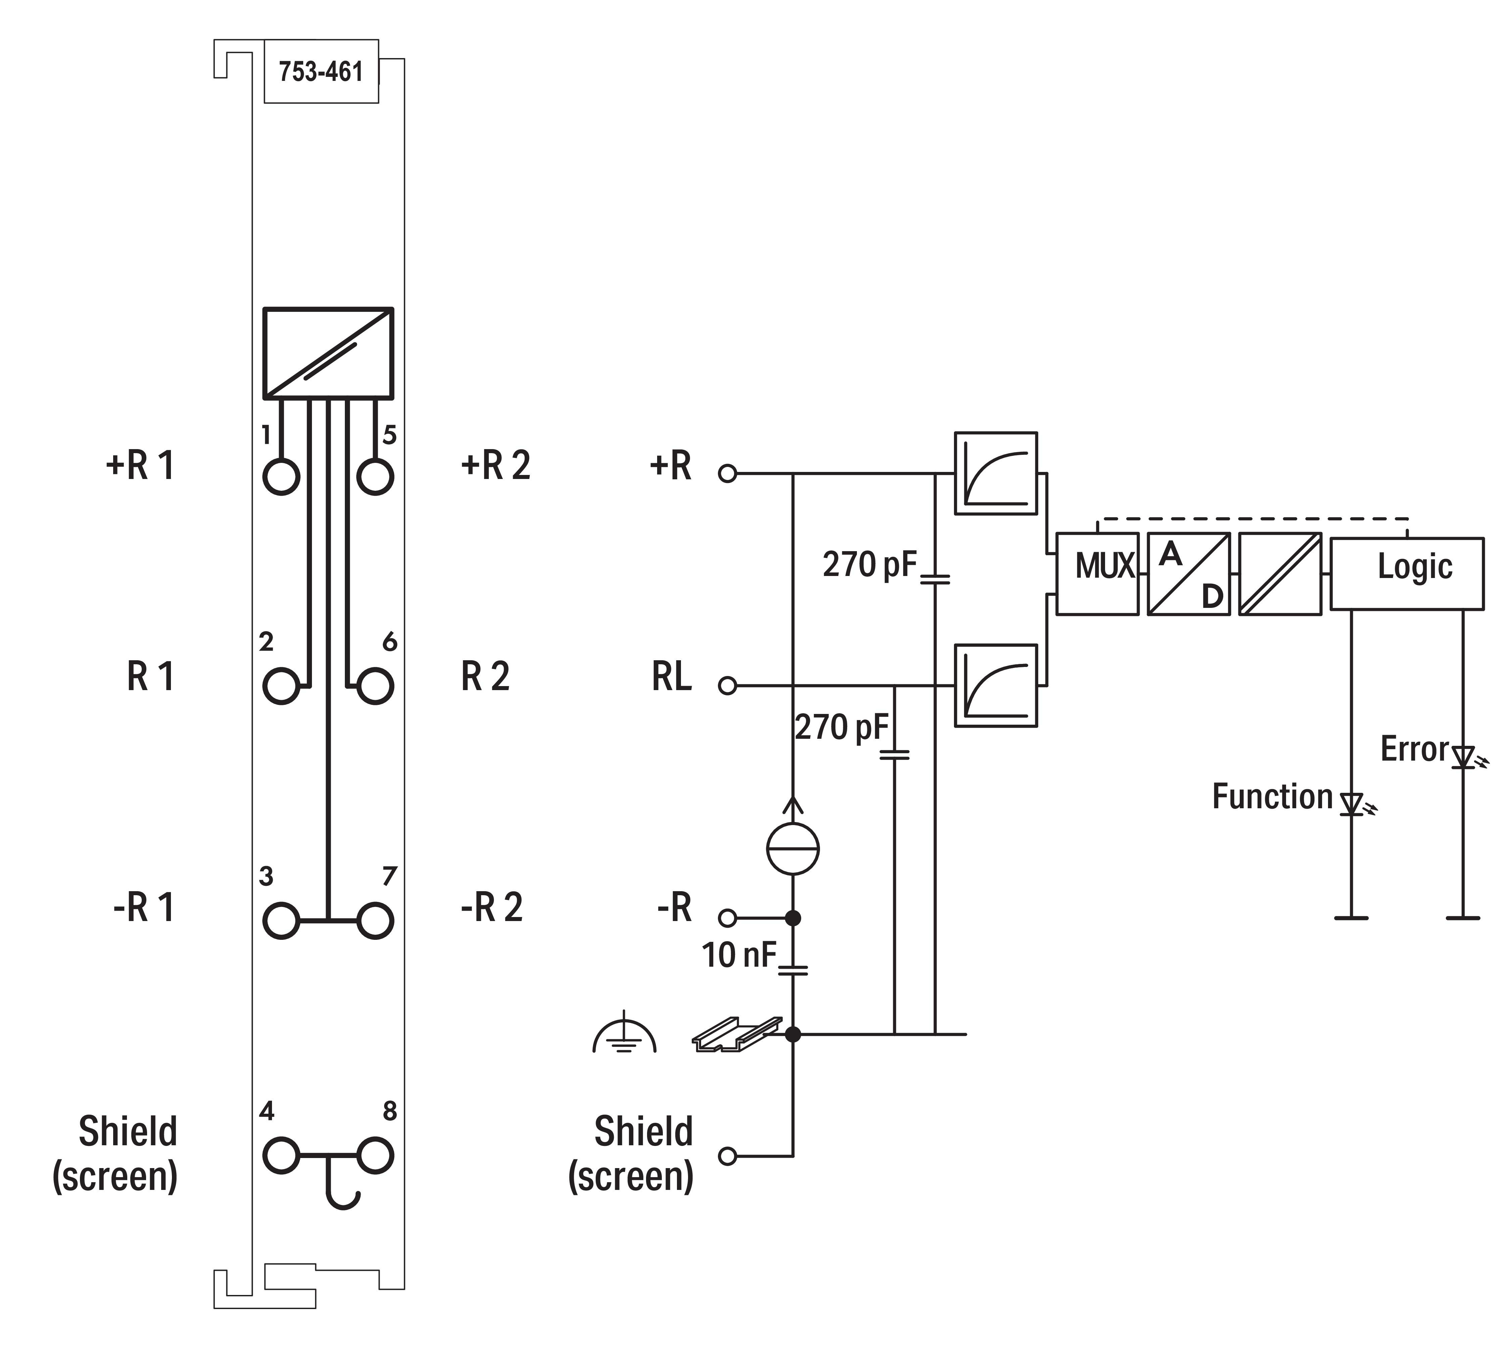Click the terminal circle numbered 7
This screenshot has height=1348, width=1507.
[x=375, y=921]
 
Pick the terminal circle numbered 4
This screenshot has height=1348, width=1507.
[x=281, y=1155]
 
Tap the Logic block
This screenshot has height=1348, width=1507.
[x=1406, y=574]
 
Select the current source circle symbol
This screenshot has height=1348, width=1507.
[x=793, y=849]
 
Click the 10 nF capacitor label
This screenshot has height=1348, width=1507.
[x=739, y=956]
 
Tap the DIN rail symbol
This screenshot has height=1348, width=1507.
[x=737, y=1034]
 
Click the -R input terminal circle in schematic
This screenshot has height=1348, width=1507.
[x=728, y=918]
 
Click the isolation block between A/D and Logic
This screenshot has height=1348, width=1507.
[x=1280, y=574]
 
